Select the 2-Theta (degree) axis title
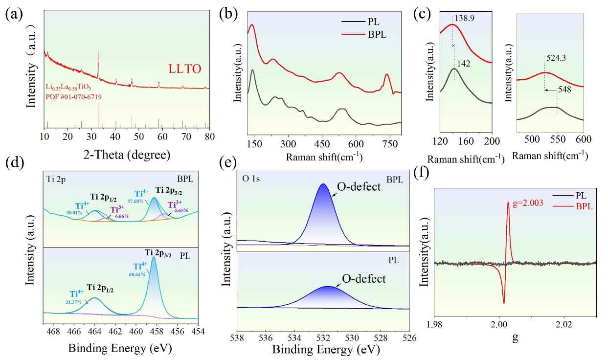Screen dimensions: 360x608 click(127, 155)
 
